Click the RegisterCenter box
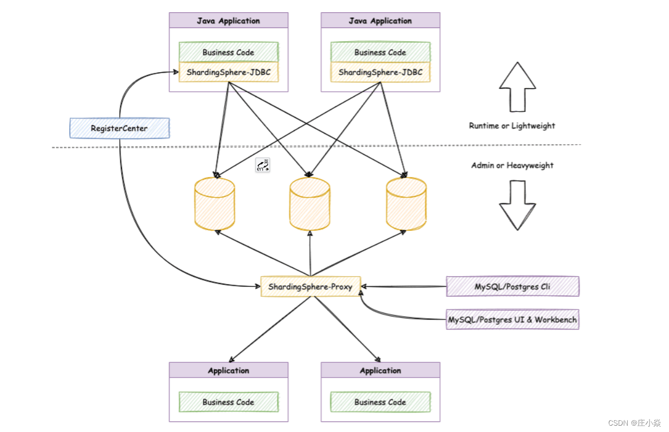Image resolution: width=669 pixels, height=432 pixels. pyautogui.click(x=119, y=128)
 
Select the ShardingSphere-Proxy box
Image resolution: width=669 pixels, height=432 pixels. pyautogui.click(x=310, y=287)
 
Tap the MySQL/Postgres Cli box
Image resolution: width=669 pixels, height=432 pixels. pyautogui.click(x=513, y=286)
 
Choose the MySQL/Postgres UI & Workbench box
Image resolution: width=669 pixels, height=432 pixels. pyautogui.click(x=513, y=320)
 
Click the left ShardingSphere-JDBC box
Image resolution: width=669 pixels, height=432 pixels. pyautogui.click(x=229, y=72)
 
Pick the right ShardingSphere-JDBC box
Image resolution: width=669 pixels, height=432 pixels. pyautogui.click(x=380, y=72)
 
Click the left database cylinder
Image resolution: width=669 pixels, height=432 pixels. pyautogui.click(x=214, y=204)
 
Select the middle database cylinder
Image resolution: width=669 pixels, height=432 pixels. pyautogui.click(x=310, y=204)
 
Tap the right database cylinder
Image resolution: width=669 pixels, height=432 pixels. pyautogui.click(x=406, y=204)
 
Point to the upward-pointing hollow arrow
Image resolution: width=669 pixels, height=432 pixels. pyautogui.click(x=517, y=87)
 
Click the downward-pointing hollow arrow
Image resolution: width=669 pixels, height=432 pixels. pyautogui.click(x=517, y=205)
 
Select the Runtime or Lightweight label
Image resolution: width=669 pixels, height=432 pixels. pyautogui.click(x=512, y=126)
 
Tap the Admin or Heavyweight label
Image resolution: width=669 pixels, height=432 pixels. pyautogui.click(x=512, y=165)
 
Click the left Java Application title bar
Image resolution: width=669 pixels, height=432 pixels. pyautogui.click(x=229, y=20)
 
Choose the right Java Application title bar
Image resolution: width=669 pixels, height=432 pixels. pyautogui.click(x=380, y=20)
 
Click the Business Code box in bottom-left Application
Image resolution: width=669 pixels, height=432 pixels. pyautogui.click(x=229, y=402)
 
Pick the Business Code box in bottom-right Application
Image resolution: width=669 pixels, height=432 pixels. pyautogui.click(x=380, y=402)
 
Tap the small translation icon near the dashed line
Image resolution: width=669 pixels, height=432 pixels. pyautogui.click(x=262, y=165)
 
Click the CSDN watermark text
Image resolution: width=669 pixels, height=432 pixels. pyautogui.click(x=634, y=422)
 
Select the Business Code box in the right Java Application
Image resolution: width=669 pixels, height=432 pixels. pyautogui.click(x=380, y=52)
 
